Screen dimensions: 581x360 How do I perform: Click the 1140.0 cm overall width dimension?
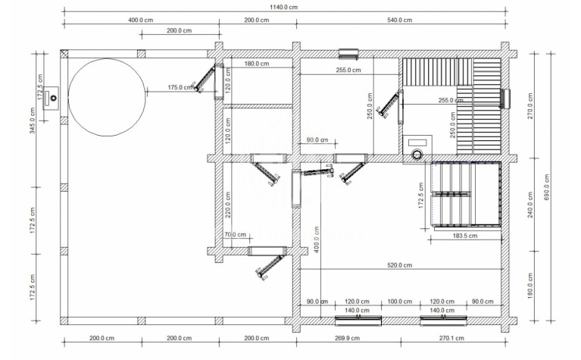pyautogui.click(x=284, y=7)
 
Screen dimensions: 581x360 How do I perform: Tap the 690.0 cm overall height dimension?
pyautogui.click(x=547, y=187)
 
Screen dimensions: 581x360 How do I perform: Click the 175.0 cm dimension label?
pyautogui.click(x=181, y=87)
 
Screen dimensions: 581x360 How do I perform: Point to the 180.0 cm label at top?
pyautogui.click(x=257, y=64)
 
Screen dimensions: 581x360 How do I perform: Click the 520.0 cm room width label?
pyautogui.click(x=399, y=265)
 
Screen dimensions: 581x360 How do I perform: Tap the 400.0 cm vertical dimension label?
pyautogui.click(x=316, y=239)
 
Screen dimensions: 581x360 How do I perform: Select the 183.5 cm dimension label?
pyautogui.click(x=465, y=236)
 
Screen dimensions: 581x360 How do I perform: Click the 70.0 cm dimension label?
pyautogui.click(x=236, y=234)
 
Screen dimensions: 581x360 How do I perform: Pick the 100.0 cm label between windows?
pyautogui.click(x=399, y=302)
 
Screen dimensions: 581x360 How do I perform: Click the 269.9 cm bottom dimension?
pyautogui.click(x=348, y=338)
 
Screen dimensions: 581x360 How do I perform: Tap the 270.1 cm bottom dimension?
pyautogui.click(x=451, y=338)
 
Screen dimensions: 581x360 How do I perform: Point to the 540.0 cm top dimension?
pyautogui.click(x=399, y=20)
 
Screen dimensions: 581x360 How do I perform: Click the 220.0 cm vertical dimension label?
pyautogui.click(x=227, y=205)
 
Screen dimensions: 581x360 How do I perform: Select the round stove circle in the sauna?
pyautogui.click(x=417, y=154)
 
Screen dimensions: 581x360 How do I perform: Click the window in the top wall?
pyautogui.click(x=348, y=54)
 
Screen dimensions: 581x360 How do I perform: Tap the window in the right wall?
pyautogui.click(x=504, y=99)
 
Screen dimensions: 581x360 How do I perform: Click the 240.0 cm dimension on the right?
pyautogui.click(x=530, y=205)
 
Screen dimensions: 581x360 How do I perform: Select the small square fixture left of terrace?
pyautogui.click(x=51, y=98)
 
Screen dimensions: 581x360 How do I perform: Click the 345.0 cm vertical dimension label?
pyautogui.click(x=33, y=121)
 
